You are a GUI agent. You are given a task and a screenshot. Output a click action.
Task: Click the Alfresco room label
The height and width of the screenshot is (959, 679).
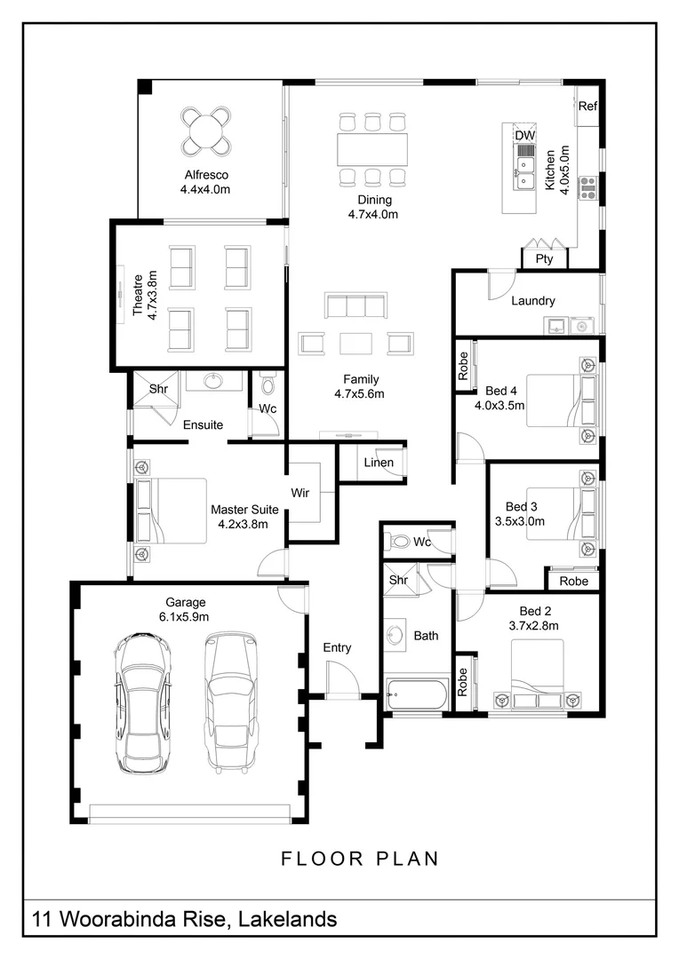(x=206, y=175)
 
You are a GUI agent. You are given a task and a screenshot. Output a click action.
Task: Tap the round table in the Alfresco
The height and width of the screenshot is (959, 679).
(x=205, y=131)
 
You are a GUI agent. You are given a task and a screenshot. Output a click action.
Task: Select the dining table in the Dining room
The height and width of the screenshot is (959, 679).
(x=372, y=149)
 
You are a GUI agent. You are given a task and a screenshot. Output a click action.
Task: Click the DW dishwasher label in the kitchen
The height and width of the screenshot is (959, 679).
(x=524, y=135)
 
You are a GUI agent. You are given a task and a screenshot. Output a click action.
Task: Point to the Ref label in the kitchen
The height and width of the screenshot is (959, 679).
(x=587, y=106)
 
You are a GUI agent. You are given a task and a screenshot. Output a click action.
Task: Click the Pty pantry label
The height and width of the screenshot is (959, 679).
(x=544, y=258)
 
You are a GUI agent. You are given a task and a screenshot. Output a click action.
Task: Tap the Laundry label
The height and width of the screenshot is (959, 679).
(x=533, y=300)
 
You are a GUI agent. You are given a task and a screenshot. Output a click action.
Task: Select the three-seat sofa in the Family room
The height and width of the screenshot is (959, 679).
(x=355, y=305)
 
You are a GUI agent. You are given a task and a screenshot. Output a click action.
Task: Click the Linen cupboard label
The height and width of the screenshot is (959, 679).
(x=379, y=463)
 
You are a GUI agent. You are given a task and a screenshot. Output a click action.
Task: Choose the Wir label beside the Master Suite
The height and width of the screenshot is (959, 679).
(x=300, y=493)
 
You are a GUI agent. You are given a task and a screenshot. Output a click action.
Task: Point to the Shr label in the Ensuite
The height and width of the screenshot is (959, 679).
(x=158, y=388)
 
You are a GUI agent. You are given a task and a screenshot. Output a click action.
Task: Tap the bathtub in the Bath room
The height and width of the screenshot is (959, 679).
(x=417, y=694)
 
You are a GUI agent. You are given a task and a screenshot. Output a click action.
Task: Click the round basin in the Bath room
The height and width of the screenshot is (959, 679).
(x=395, y=634)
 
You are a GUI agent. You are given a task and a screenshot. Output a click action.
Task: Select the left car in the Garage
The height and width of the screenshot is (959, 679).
(x=142, y=704)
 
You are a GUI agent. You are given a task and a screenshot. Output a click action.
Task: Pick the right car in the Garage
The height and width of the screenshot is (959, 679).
(x=230, y=702)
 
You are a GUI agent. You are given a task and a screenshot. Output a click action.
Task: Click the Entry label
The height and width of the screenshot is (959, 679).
(x=337, y=647)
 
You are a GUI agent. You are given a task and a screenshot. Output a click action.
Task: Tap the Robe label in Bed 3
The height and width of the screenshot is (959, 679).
(x=574, y=581)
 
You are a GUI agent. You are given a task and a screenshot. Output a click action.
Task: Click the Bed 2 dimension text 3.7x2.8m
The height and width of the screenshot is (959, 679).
(x=533, y=626)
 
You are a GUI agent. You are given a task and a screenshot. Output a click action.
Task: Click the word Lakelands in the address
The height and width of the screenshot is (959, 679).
(x=287, y=919)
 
